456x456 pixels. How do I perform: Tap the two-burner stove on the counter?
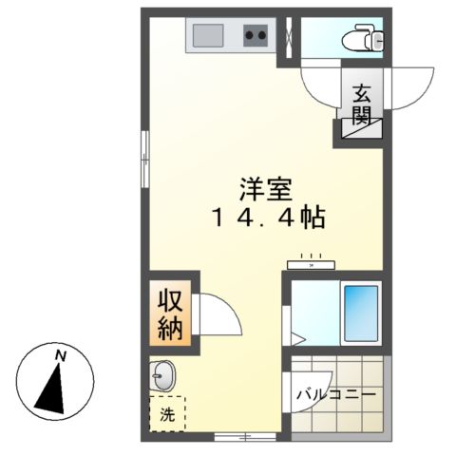pyautogui.click(x=255, y=38)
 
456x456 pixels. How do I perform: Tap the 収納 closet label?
pyautogui.click(x=172, y=314)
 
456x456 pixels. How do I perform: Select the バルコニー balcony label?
pyautogui.click(x=336, y=392)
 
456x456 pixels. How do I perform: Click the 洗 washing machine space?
pyautogui.click(x=167, y=414)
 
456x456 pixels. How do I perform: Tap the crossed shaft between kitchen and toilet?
pyautogui.click(x=284, y=39)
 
